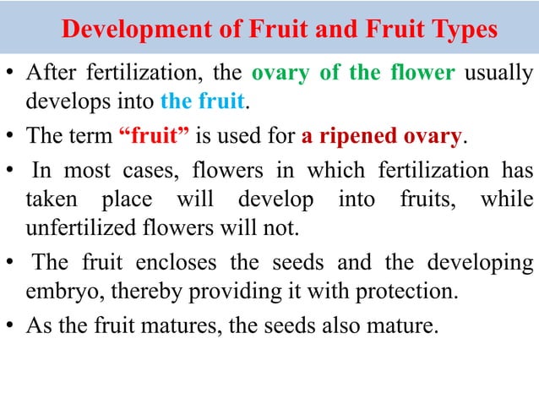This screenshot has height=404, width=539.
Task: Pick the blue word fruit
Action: click(223, 103)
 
